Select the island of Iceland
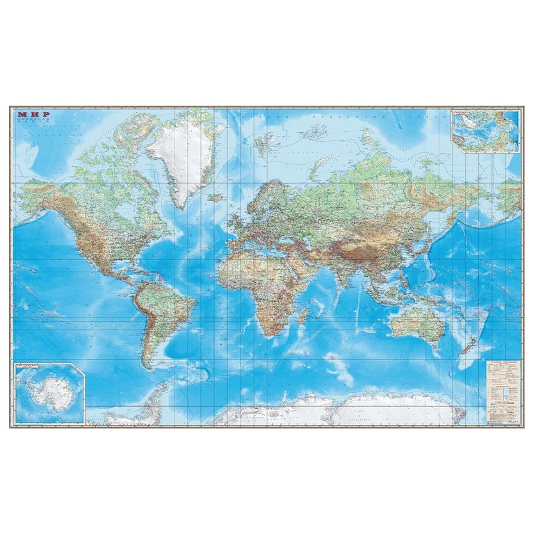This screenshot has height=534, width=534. click(x=218, y=197)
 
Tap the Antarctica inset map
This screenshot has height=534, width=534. click(x=49, y=394)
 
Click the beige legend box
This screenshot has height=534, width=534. click(x=502, y=392)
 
